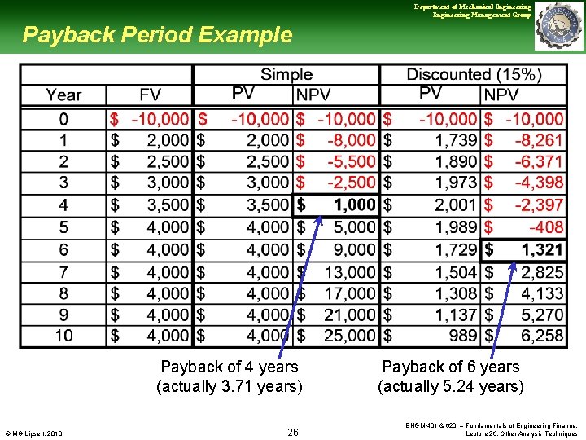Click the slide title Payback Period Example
(157, 35)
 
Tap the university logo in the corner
(559, 26)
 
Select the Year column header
(63, 95)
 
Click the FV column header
(150, 95)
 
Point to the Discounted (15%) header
(474, 74)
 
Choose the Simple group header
(286, 74)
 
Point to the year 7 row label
(63, 271)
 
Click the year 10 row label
(63, 335)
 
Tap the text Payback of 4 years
(230, 367)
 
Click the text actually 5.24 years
(451, 386)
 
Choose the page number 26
(293, 432)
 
